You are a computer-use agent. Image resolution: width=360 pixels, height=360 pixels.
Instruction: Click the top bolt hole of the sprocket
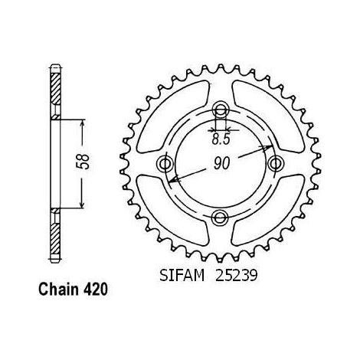[x=221, y=110]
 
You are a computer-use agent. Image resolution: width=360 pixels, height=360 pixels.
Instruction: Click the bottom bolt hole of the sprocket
[x=220, y=218]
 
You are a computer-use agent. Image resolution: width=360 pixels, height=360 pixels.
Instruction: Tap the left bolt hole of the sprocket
[x=165, y=164]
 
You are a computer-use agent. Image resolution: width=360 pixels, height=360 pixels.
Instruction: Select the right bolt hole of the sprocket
[x=276, y=164]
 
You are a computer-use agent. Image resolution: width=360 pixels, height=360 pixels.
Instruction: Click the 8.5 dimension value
[x=221, y=139]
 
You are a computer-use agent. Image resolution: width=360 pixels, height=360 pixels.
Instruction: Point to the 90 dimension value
[x=221, y=164]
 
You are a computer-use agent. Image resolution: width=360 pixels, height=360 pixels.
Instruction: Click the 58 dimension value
[x=84, y=162]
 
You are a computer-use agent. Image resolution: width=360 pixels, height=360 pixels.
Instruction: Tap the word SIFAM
[x=182, y=276]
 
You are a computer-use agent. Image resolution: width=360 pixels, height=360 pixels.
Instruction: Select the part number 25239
[x=236, y=276]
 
